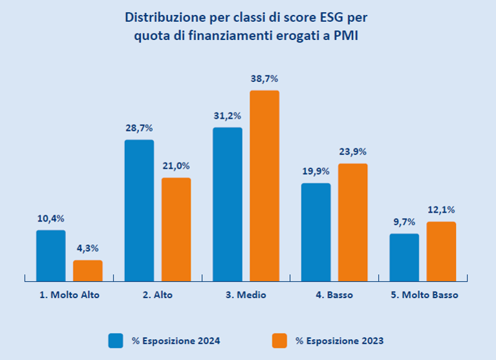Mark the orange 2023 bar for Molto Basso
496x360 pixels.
coord(441,251)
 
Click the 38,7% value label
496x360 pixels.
coord(264,79)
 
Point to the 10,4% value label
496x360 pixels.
coord(50,218)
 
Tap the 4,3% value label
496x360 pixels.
coord(87,248)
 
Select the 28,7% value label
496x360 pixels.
coord(139,128)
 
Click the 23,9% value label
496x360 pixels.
coord(352,152)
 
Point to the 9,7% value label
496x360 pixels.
coord(404,222)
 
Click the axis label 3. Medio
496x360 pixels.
coord(246,295)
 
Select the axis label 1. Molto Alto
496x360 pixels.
coord(69,295)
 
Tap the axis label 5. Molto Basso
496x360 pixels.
coord(424,295)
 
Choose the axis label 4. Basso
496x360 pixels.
coord(334,295)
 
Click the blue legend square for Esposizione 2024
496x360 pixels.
coord(116,340)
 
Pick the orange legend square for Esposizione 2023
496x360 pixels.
coord(279,340)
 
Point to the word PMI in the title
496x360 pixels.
coord(345,36)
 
